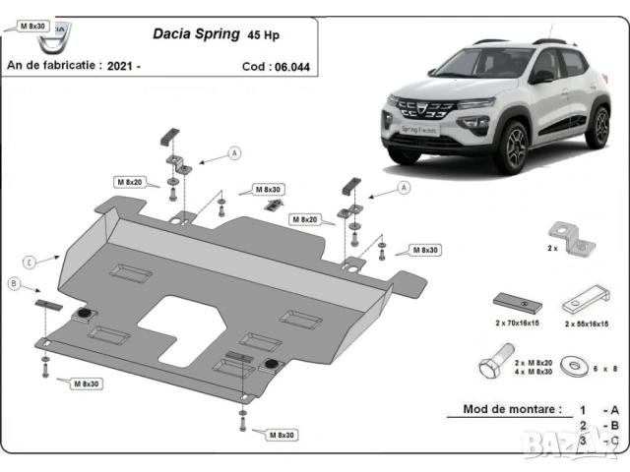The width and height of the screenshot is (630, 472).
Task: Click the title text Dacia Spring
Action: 195,33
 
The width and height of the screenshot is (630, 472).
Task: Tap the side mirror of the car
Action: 541,77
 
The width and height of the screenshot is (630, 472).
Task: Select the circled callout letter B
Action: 15,284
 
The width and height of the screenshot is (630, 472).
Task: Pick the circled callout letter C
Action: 30,262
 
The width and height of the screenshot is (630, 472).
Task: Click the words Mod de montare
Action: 512,408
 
